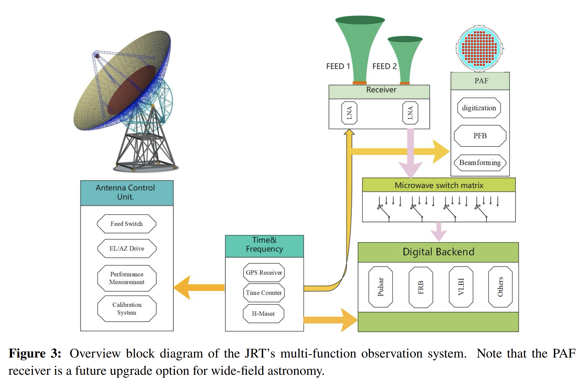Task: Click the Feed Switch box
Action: pyautogui.click(x=127, y=224)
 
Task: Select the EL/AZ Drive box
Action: pyautogui.click(x=127, y=248)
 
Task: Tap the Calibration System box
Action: pyautogui.click(x=127, y=309)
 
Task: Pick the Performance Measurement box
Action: pyautogui.click(x=127, y=278)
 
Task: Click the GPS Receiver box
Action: pyautogui.click(x=264, y=273)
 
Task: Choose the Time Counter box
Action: pyautogui.click(x=264, y=293)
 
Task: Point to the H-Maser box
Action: pyautogui.click(x=263, y=314)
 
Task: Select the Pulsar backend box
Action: pyautogui.click(x=381, y=287)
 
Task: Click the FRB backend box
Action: pyautogui.click(x=421, y=287)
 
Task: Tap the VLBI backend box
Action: pyautogui.click(x=461, y=287)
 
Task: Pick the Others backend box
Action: pyautogui.click(x=500, y=287)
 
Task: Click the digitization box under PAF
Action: pyautogui.click(x=479, y=108)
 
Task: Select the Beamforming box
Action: pyautogui.click(x=480, y=163)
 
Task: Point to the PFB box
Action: pyautogui.click(x=480, y=136)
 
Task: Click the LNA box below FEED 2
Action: pyautogui.click(x=410, y=113)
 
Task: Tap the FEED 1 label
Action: pyautogui.click(x=338, y=66)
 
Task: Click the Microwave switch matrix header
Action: pyautogui.click(x=439, y=185)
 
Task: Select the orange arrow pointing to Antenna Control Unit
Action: pyautogui.click(x=199, y=288)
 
